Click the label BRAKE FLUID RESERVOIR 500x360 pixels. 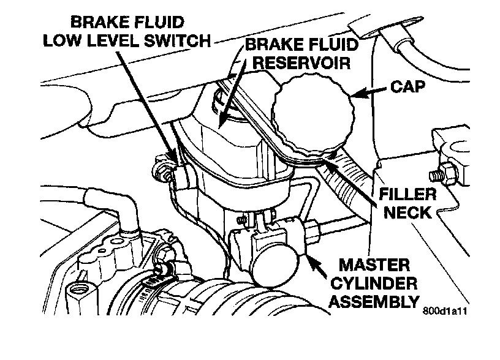tap(297, 54)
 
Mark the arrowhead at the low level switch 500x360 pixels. tap(176, 160)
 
